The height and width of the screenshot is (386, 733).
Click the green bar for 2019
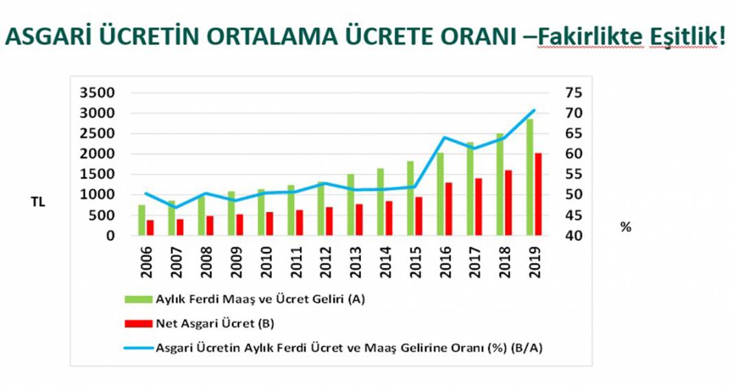[530, 178]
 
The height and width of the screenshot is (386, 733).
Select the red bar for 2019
[539, 194]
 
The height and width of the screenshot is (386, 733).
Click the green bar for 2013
[351, 205]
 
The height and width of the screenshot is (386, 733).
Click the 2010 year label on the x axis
[265, 260]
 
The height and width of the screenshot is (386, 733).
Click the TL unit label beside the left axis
[38, 203]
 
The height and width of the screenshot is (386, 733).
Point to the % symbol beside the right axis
[625, 227]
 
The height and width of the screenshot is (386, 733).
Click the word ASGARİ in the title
[46, 37]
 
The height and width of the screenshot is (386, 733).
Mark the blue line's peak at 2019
[534, 110]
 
